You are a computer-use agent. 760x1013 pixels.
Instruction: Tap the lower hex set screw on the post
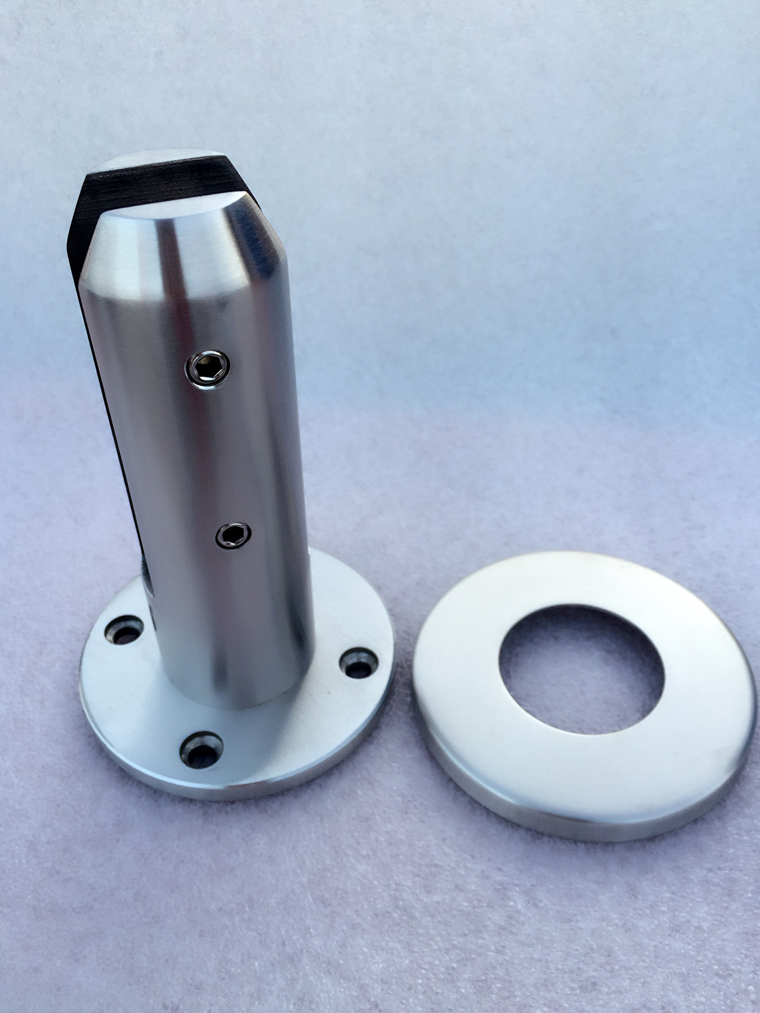tap(233, 535)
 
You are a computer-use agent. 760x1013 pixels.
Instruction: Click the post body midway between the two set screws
tap(222, 450)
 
